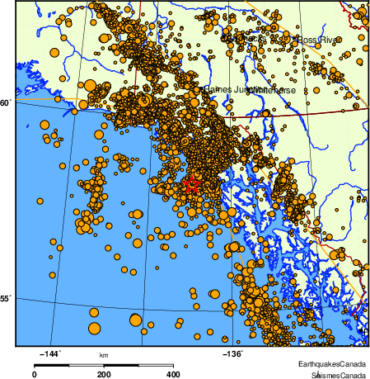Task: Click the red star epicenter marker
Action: pyautogui.click(x=191, y=185)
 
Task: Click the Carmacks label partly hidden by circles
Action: pyautogui.click(x=247, y=38)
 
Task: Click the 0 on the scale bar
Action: pyautogui.click(x=34, y=374)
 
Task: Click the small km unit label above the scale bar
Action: pyautogui.click(x=104, y=355)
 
